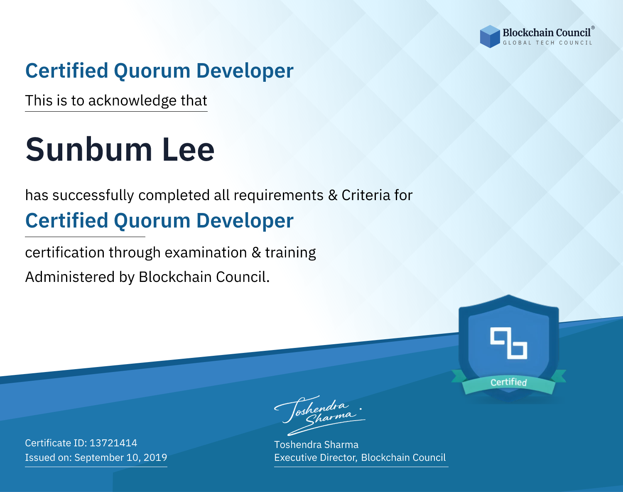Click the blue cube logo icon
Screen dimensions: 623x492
(x=490, y=37)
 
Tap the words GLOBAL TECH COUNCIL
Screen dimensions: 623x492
(x=547, y=43)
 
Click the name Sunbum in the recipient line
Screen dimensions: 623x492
(x=89, y=149)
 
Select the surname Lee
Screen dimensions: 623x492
(x=188, y=149)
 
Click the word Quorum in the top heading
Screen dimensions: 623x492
(x=152, y=71)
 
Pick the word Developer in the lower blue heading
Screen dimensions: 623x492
(x=245, y=221)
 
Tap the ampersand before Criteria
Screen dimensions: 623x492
(x=333, y=196)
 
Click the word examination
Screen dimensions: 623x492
(x=206, y=252)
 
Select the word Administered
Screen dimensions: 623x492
(x=70, y=277)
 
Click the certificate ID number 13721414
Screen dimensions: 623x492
(x=113, y=443)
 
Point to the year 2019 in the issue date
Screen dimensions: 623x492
(x=155, y=458)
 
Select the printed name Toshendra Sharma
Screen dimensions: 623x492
(x=316, y=445)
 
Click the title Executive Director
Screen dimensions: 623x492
(x=315, y=458)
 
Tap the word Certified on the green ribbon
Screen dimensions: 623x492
(x=509, y=382)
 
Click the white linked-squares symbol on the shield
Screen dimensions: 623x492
(x=509, y=343)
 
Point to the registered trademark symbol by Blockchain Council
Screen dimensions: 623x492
(x=593, y=28)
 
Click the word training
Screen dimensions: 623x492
(x=290, y=253)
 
